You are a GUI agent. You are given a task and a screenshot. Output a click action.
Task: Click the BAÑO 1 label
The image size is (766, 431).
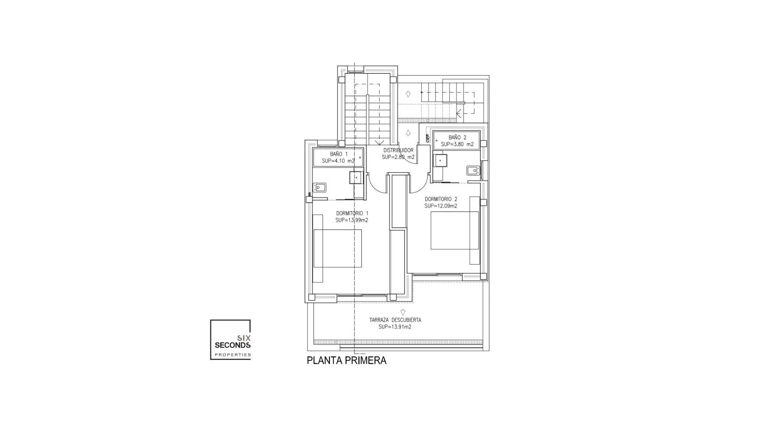339,154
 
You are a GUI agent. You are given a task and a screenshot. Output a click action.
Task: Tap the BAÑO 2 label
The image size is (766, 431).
457,137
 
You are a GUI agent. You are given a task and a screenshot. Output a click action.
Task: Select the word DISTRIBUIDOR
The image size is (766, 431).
398,150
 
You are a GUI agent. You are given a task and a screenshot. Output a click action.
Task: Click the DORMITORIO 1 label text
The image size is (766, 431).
352,213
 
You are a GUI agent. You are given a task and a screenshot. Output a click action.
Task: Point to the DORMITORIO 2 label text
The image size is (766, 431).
441,199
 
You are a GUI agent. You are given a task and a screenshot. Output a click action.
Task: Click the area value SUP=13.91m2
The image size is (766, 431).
395,327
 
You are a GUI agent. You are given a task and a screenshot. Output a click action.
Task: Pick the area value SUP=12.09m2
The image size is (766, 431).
441,206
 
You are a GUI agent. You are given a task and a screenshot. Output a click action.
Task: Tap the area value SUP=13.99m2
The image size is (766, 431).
352,220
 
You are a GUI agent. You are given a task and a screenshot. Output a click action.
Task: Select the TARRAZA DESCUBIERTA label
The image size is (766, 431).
395,320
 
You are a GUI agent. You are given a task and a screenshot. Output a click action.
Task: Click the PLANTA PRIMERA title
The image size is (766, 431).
346,360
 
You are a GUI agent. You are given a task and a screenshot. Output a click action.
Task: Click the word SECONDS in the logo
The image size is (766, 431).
232,345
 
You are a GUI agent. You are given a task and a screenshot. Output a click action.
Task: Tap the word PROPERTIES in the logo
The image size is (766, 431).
233,355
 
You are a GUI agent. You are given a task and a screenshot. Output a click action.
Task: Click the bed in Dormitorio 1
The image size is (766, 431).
338,248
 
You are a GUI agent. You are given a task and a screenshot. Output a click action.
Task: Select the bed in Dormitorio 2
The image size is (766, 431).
454,230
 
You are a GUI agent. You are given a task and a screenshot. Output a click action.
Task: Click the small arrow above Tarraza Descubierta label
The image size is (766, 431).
403,312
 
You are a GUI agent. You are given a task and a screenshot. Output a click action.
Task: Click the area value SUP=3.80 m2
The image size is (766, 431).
457,144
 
